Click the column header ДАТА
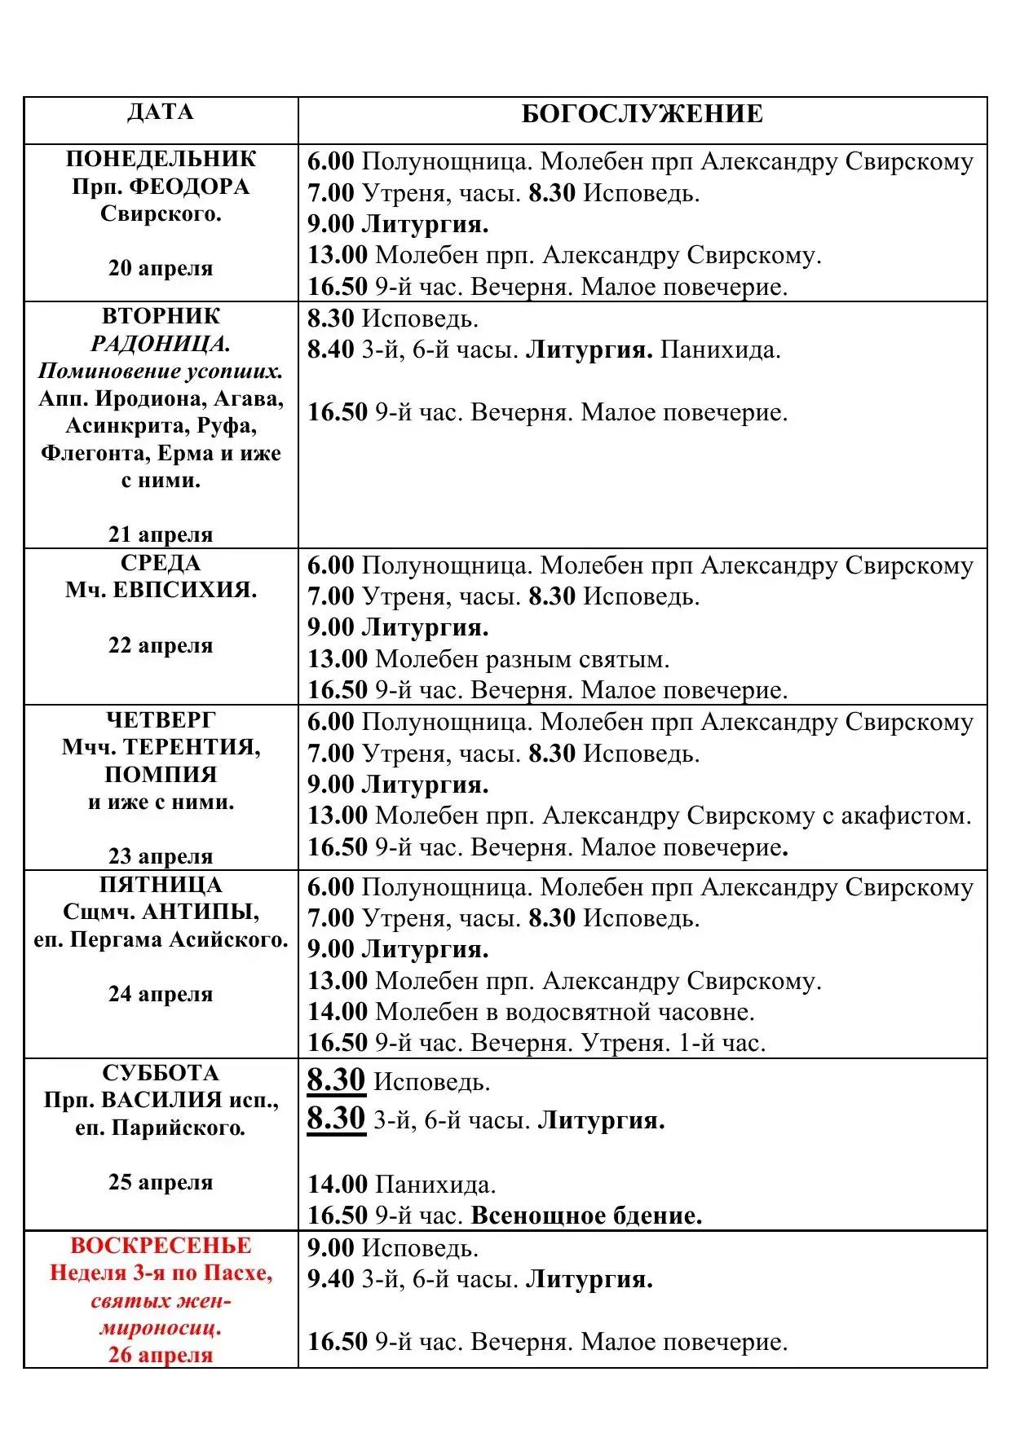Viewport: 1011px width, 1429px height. tap(161, 112)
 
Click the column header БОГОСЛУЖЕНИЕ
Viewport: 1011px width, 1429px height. tap(642, 114)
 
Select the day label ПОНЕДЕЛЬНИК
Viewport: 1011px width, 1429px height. tap(161, 159)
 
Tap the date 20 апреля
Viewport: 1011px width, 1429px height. tap(161, 268)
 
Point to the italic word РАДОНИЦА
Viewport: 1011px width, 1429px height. tap(161, 344)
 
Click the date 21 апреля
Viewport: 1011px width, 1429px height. tap(161, 534)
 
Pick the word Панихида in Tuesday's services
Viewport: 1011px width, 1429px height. tap(720, 350)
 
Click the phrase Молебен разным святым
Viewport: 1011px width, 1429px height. tap(522, 659)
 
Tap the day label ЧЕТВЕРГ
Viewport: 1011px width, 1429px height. tap(161, 720)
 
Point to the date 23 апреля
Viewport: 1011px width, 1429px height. tap(161, 856)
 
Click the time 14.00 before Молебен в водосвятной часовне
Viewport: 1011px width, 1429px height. tap(338, 1012)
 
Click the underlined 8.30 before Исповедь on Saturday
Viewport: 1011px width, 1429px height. tap(336, 1080)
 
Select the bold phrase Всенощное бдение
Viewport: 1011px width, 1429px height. tap(586, 1216)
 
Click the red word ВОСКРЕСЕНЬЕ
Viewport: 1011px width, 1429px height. tap(161, 1246)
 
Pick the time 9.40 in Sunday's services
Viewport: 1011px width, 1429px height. tap(331, 1279)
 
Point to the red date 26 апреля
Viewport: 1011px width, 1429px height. tap(161, 1356)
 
